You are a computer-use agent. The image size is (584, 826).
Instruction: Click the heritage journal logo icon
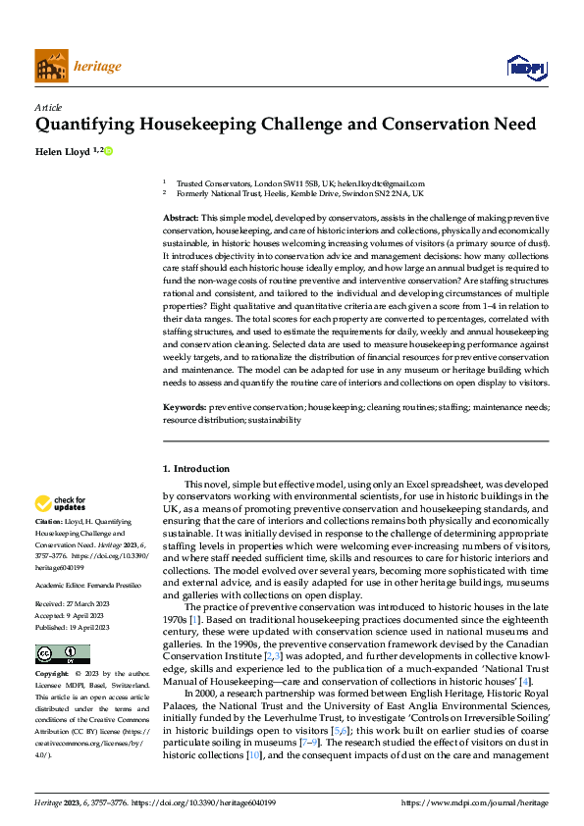pyautogui.click(x=51, y=66)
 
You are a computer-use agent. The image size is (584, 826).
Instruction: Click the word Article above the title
pyautogui.click(x=48, y=107)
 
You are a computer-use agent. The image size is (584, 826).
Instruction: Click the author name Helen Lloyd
pyautogui.click(x=64, y=151)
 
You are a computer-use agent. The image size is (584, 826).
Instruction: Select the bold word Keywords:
pyautogui.click(x=185, y=406)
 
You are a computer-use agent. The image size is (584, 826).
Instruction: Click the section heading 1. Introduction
pyautogui.click(x=196, y=469)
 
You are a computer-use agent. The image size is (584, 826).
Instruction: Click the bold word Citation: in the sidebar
pyautogui.click(x=48, y=522)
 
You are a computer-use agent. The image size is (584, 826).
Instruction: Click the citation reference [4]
pyautogui.click(x=525, y=681)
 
